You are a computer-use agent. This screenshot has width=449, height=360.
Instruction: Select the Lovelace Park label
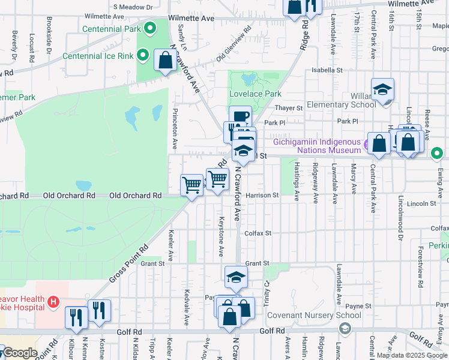(255, 94)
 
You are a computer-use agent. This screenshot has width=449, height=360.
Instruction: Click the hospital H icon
(53, 301)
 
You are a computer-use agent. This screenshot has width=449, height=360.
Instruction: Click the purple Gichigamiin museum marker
(365, 143)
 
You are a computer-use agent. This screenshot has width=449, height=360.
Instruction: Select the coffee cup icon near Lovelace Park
(240, 116)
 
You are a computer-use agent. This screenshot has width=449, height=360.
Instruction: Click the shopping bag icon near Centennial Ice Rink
(165, 60)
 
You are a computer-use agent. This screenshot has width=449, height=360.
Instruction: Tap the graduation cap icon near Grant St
(236, 277)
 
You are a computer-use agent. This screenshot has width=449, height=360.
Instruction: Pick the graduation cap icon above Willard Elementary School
(382, 89)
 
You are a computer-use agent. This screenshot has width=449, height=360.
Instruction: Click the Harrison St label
(262, 195)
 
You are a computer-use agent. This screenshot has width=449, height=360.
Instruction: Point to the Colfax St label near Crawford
(258, 233)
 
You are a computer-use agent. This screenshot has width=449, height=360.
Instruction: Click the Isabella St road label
(327, 70)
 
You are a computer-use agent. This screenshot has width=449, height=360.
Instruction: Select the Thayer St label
(289, 108)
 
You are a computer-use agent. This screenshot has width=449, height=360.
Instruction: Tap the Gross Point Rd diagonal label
(128, 264)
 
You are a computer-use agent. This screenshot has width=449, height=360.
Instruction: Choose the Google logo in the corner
(20, 353)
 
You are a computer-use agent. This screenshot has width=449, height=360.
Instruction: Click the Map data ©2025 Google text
(411, 355)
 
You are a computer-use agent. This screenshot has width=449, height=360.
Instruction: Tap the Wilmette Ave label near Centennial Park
(191, 19)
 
